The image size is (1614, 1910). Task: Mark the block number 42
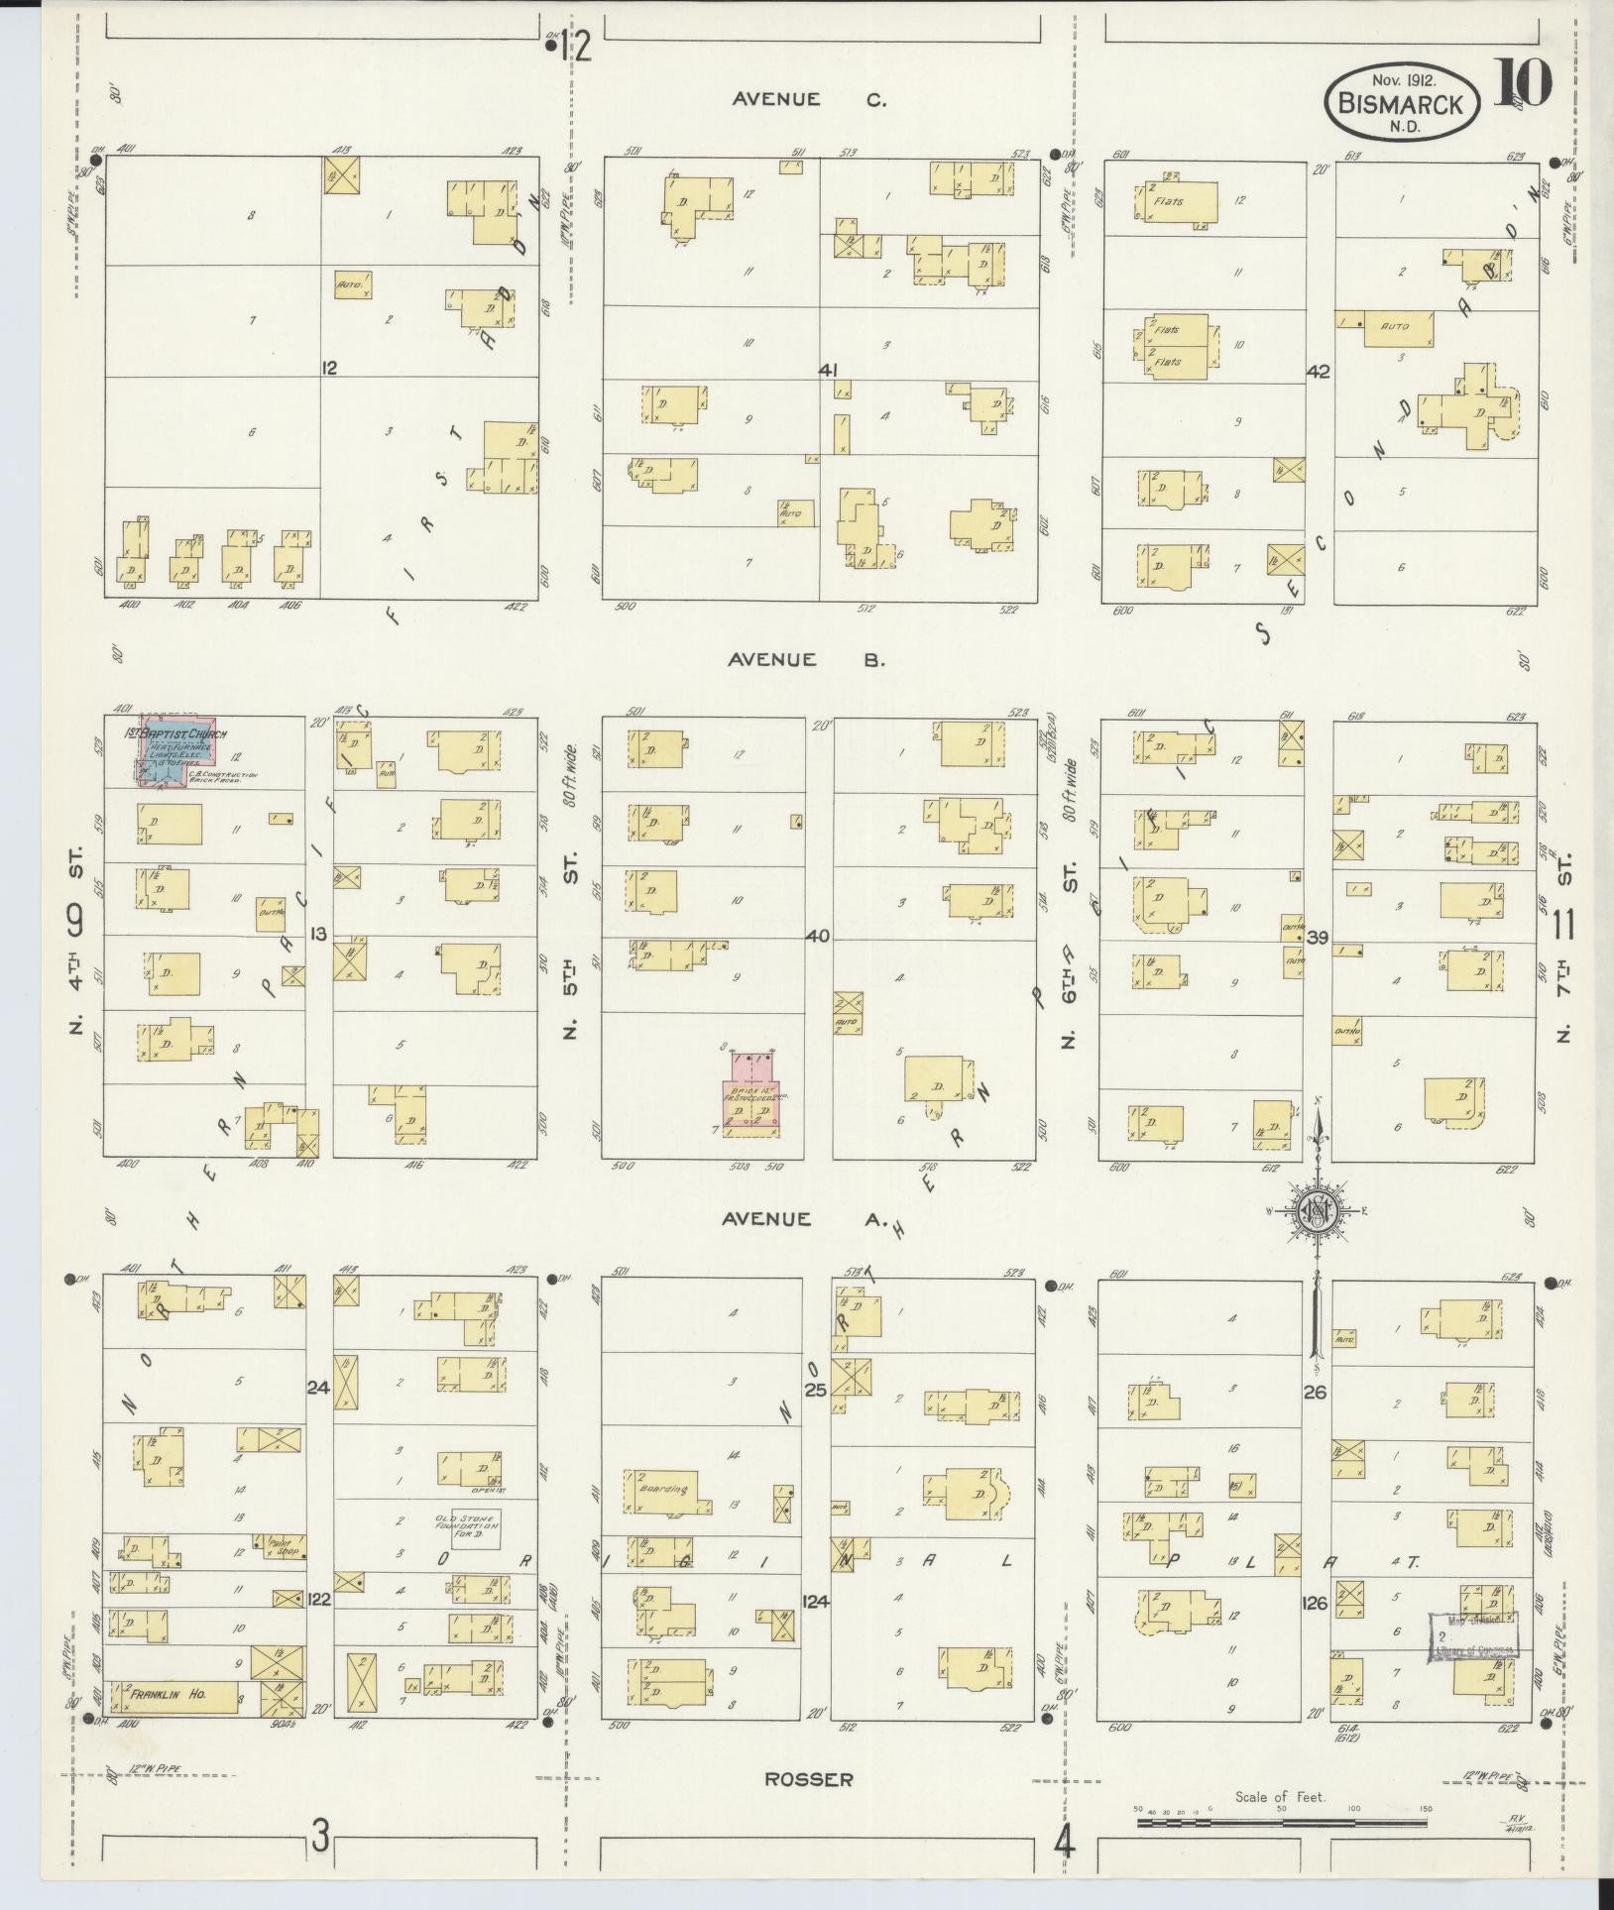[x=1319, y=372]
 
